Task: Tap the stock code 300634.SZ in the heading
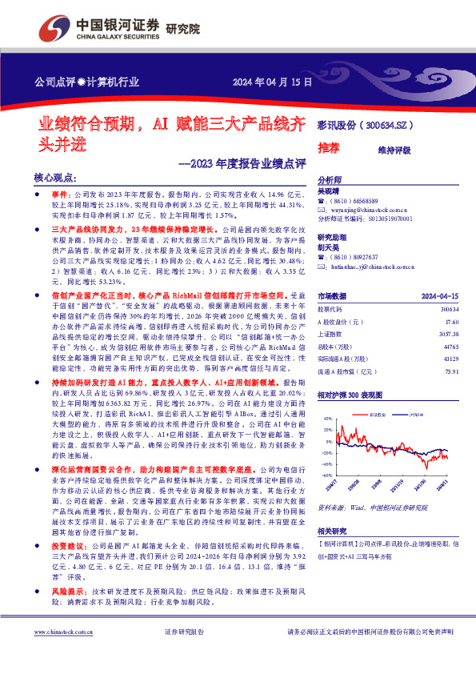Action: point(388,125)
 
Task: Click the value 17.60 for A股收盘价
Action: point(453,322)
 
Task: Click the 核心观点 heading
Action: point(55,177)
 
